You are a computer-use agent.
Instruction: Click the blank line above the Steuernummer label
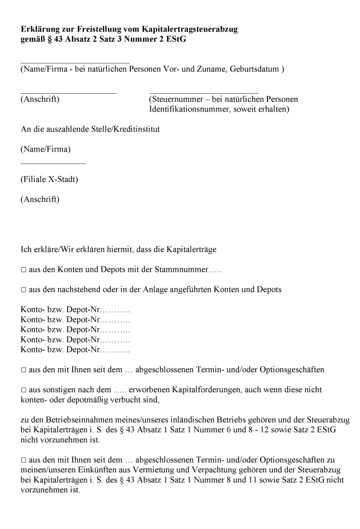[x=203, y=92]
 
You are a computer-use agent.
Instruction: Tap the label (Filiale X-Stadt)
[x=49, y=179]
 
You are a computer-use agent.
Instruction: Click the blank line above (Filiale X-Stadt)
[x=53, y=164]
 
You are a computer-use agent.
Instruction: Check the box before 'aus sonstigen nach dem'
[x=23, y=389]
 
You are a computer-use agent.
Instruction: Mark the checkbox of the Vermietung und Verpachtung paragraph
[x=23, y=460]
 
